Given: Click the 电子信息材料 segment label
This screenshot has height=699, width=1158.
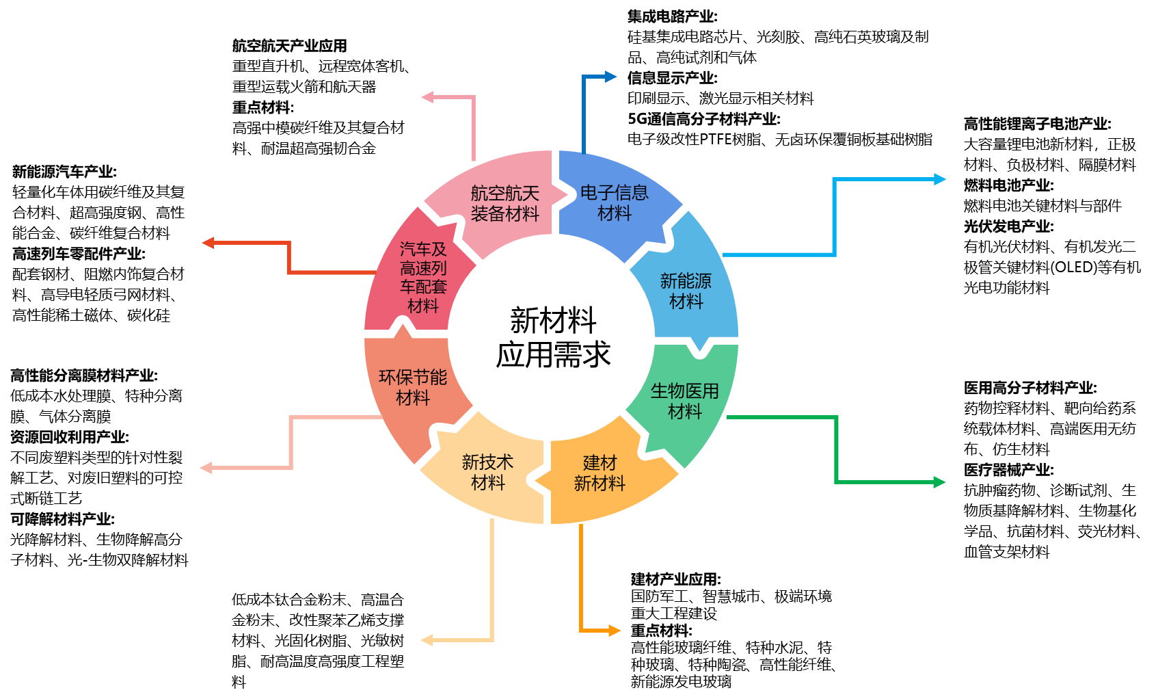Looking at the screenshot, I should tap(614, 203).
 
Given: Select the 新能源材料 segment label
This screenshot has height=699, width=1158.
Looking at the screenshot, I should tap(686, 291).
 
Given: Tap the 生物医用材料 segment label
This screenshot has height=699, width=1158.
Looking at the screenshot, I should tap(684, 401).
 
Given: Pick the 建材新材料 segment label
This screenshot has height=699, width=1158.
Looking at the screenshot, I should tap(600, 473).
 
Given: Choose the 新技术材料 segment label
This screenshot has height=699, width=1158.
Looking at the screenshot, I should tap(487, 473).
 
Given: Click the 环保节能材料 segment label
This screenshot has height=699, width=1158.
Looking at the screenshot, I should tap(413, 387).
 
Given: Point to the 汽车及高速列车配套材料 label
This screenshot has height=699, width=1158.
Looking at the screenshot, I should tap(423, 278).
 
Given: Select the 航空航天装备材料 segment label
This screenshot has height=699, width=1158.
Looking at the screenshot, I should tap(504, 204).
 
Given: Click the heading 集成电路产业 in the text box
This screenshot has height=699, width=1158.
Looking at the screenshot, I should tap(672, 16).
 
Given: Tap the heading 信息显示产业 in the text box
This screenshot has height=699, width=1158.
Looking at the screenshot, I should tap(672, 78).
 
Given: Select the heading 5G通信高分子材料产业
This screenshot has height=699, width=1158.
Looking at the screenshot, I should tap(703, 119).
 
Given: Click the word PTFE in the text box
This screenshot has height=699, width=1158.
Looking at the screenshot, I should tap(716, 140).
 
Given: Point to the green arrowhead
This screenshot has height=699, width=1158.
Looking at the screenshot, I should tap(939, 482).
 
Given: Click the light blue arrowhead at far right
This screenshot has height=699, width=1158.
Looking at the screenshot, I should tap(940, 179).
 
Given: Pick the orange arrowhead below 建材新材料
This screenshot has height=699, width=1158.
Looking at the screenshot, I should tap(615, 631).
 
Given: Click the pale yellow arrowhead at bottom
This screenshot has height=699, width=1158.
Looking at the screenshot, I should tap(427, 640).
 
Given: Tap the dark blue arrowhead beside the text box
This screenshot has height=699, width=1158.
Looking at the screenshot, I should tap(610, 77).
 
